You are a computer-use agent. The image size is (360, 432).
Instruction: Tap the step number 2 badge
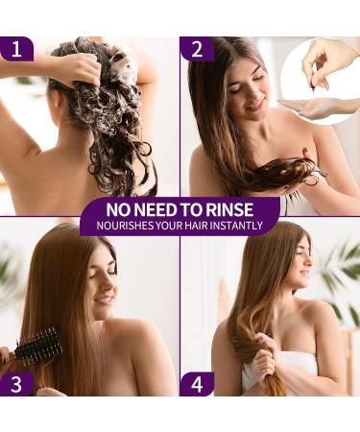(197, 49)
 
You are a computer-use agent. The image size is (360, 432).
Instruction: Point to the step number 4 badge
(197, 382)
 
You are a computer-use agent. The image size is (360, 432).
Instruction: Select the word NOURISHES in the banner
(113, 228)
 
